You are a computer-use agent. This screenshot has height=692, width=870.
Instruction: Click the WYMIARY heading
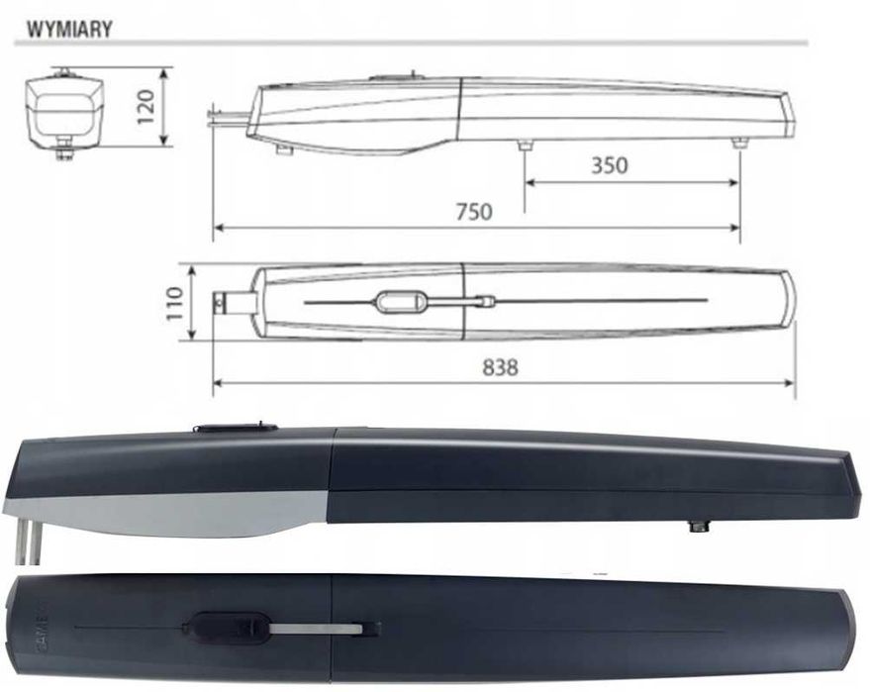click(x=69, y=30)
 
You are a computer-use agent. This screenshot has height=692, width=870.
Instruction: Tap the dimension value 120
click(x=145, y=107)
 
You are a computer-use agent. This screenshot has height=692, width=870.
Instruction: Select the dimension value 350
click(x=610, y=165)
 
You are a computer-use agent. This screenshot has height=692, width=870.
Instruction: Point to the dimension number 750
click(x=474, y=212)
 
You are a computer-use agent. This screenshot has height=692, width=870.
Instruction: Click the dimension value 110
click(x=174, y=303)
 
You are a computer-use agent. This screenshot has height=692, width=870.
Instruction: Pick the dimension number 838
click(x=500, y=367)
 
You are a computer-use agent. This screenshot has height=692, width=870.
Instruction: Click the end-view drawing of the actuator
click(x=65, y=114)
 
